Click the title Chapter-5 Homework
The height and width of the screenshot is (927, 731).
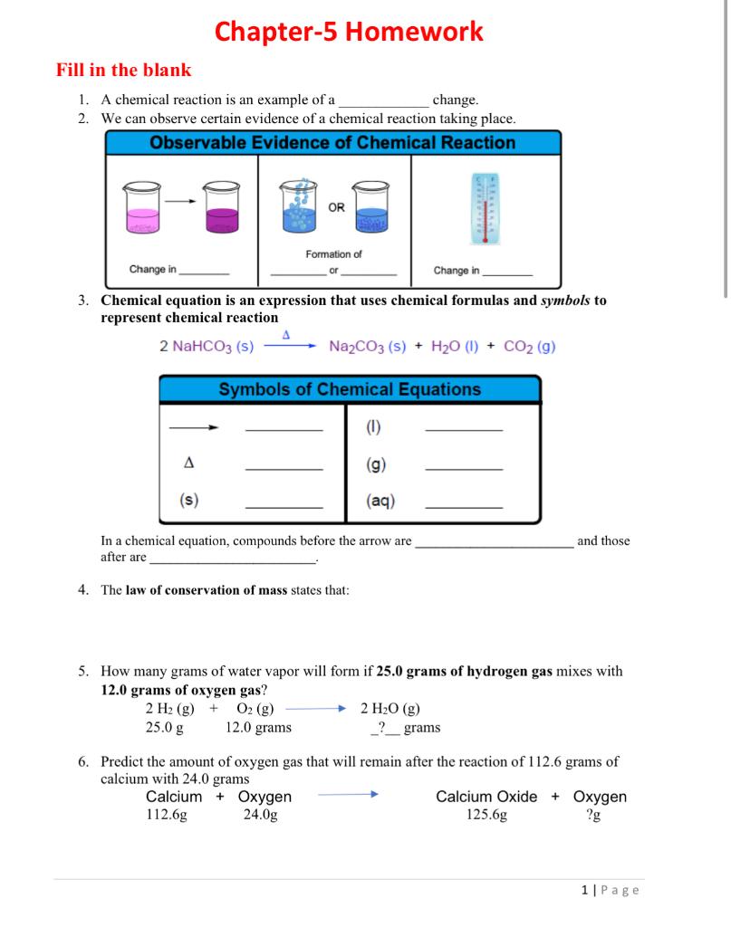coord(349,32)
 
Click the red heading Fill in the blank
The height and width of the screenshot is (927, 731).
coord(123,70)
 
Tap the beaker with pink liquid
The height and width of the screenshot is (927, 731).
coord(144,209)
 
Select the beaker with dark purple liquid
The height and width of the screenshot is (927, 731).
coord(223,209)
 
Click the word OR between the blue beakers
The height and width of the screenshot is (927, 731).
coord(336,207)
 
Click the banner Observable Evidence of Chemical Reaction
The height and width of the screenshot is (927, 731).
coord(332,143)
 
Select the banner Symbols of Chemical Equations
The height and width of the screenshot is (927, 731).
coord(350,389)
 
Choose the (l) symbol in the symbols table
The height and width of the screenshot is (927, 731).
coord(373,428)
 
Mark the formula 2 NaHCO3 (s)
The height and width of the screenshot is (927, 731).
coord(206,347)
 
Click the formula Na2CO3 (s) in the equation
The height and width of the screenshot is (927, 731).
coord(367,347)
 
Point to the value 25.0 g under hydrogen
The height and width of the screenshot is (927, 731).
coord(165,727)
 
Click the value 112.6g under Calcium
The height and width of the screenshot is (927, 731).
coord(167,814)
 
